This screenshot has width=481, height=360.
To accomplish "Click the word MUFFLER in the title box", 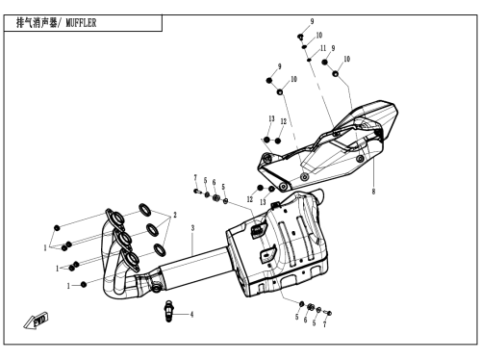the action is tap(81, 23).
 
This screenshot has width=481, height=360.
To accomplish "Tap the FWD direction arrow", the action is tap(36, 321).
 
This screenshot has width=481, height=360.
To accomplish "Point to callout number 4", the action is tap(191, 315).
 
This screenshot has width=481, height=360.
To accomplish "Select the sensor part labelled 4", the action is tap(169, 311).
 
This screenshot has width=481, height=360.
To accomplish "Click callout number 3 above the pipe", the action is tap(192, 228).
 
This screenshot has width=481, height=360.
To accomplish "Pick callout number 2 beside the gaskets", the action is tap(175, 215).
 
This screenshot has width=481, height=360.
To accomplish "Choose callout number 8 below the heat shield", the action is tap(373, 192).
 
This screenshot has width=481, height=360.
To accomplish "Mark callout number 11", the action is tap(323, 48).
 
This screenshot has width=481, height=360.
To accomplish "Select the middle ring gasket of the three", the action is tap(152, 229).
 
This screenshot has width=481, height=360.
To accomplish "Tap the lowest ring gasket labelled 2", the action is tap(160, 249).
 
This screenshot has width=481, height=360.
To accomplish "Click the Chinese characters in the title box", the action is tap(37, 23).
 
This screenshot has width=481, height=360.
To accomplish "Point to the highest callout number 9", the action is tap(312, 21).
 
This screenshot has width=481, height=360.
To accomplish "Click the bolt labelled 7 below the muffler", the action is tap(328, 313).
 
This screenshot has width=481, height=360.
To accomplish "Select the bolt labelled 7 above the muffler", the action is tap(196, 192).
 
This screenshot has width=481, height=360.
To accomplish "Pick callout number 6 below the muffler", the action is tap(305, 320).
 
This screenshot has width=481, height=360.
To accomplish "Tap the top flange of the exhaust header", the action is tap(115, 218).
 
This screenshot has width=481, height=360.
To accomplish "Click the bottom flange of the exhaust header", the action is tap(130, 259).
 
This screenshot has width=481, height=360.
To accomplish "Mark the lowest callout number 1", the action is tap(68, 286).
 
